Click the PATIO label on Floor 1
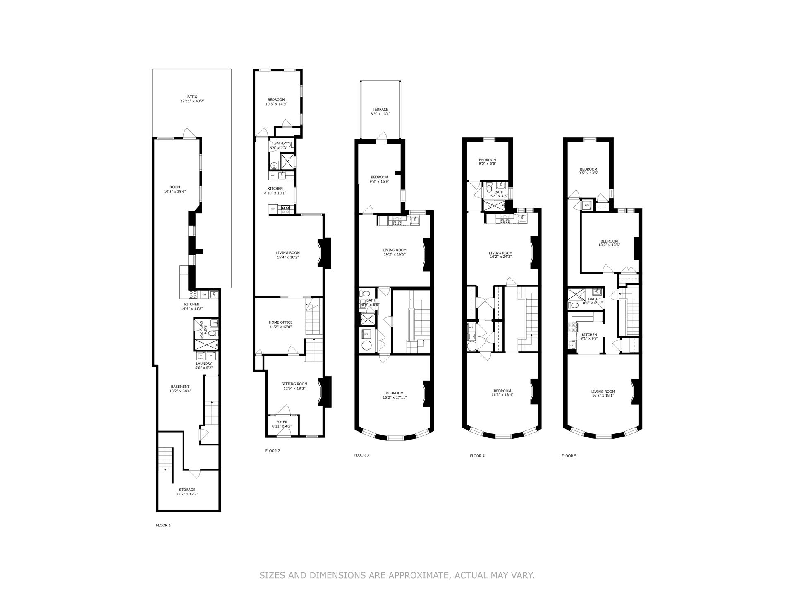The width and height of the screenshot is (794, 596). pos(191,97)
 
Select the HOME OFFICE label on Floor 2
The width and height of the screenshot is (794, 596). pos(280,322)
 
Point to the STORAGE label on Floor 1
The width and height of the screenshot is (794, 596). pos(187,490)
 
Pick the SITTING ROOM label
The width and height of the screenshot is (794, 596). pos(294,384)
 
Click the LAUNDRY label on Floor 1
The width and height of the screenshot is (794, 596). pos(203,364)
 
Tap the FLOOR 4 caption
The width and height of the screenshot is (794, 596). pos(477,456)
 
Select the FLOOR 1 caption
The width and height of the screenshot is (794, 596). pos(163,526)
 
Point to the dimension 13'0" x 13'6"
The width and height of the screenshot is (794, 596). pos(609,245)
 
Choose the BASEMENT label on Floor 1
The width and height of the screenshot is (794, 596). pos(180,387)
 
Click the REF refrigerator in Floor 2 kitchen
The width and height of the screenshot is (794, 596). pos(273,209)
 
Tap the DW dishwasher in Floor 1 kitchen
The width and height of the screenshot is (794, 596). pos(204,294)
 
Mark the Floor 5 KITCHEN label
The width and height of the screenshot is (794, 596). pos(589,335)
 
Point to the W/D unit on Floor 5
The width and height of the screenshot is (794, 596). pos(586,205)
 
